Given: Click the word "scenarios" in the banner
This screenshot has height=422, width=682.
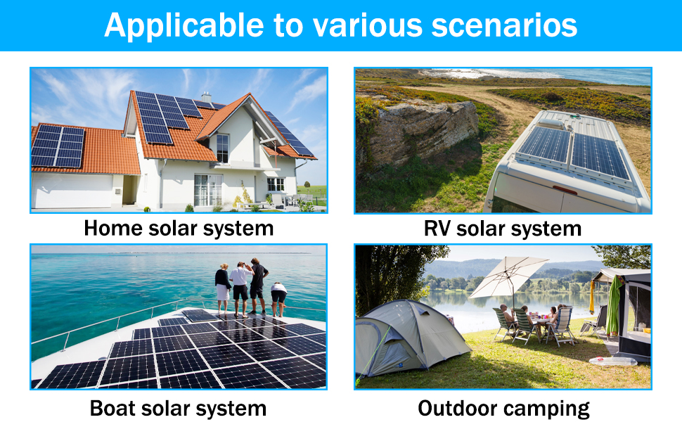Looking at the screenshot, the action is coord(504,25).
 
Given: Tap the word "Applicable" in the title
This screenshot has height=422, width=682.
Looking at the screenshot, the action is coord(184,25).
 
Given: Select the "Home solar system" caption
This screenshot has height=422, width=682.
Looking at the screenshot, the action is coord(179,229).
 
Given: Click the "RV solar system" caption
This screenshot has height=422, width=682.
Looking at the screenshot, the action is coord(503,229).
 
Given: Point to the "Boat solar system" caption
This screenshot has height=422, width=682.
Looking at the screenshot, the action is coord(179,409).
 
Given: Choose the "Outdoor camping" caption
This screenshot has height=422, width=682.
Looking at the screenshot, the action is coord(503,409).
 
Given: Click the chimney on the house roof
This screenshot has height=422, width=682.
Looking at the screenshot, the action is coord(206,96).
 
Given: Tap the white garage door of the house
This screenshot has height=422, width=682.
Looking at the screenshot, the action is coord(72,191).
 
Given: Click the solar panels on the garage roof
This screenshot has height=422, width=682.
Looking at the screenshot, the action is coord(58,146).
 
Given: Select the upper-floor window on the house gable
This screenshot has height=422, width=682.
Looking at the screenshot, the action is coord(223,148).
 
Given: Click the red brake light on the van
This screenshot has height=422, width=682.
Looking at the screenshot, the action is coord(565,190).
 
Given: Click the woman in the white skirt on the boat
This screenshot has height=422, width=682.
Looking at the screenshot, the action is coord(223,288).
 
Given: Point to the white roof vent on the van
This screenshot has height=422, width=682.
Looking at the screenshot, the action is coord(551,124).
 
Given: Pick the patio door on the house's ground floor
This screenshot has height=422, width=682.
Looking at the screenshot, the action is coord(208,190).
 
